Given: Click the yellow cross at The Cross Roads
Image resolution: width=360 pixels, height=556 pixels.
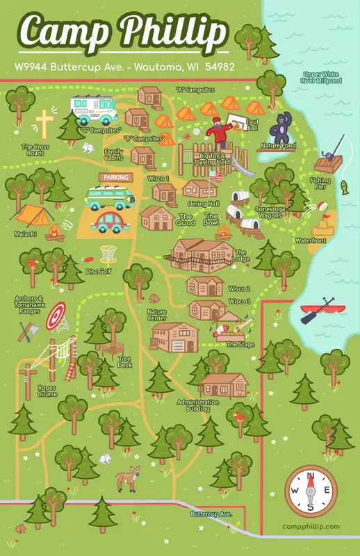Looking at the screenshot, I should click(44, 123).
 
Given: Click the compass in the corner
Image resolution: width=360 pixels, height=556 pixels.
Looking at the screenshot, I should click(311, 491).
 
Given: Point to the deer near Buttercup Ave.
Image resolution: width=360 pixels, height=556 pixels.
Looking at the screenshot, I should click(127, 478).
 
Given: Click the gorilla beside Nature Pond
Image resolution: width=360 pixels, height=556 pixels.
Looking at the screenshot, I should click(283, 128).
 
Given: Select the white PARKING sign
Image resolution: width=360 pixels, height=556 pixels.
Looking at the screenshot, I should click(115, 177).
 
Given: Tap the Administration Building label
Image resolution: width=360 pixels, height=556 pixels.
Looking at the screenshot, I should click(193, 405).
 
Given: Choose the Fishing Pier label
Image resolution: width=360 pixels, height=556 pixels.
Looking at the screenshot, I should click(320, 183).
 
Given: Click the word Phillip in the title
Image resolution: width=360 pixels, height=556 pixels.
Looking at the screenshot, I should click(173, 32).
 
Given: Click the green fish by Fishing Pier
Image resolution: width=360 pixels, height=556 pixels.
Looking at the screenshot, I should click(344, 186).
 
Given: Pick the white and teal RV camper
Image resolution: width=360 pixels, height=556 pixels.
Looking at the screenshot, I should click(93, 108).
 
